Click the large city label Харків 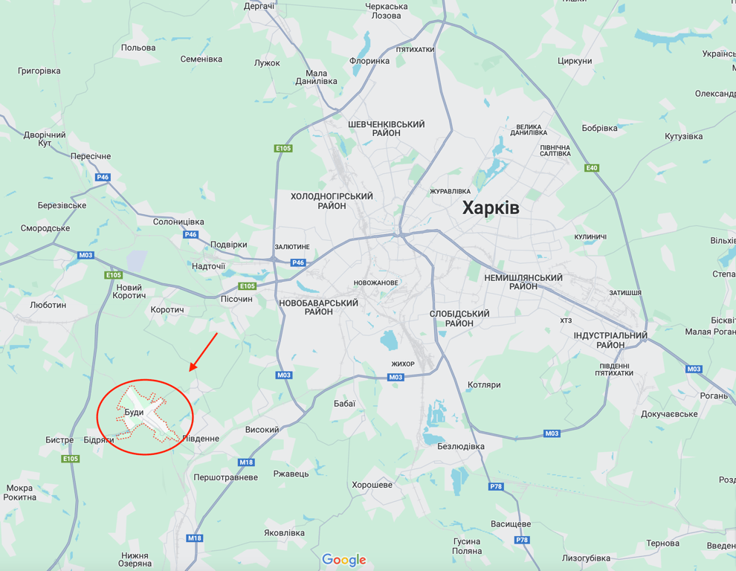click(491, 207)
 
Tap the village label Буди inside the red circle click(134, 412)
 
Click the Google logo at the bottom click(344, 559)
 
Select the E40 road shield click(592, 168)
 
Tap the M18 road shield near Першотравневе click(246, 462)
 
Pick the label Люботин click(48, 305)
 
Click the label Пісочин click(236, 299)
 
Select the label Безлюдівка click(461, 447)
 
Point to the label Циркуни click(574, 61)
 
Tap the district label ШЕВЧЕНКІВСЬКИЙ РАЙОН click(386, 128)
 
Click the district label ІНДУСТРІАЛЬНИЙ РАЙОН click(610, 340)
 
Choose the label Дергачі click(259, 6)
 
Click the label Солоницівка click(178, 222)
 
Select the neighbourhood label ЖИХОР click(403, 364)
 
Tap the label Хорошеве click(372, 485)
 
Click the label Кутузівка click(683, 137)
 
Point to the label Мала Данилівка click(316, 77)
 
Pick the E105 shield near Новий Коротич click(113, 275)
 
